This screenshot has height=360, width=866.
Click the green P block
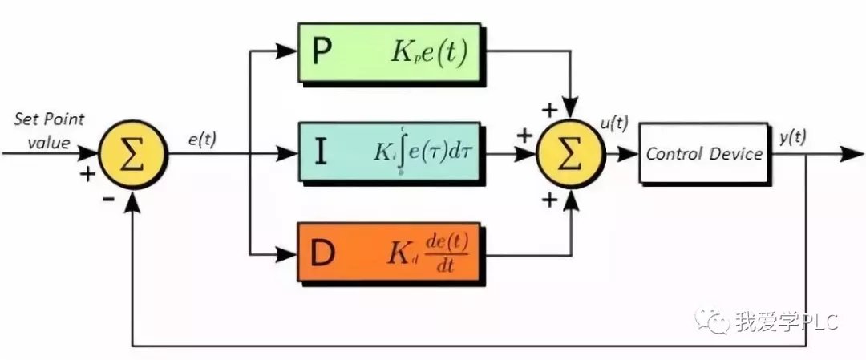pyautogui.click(x=390, y=53)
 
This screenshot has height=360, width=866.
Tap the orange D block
pyautogui.click(x=390, y=253)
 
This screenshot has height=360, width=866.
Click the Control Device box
pyautogui.click(x=703, y=154)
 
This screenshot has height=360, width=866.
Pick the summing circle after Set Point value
pyautogui.click(x=133, y=153)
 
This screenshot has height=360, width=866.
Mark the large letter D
pyautogui.click(x=322, y=253)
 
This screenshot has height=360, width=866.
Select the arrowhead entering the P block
pyautogui.click(x=287, y=52)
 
